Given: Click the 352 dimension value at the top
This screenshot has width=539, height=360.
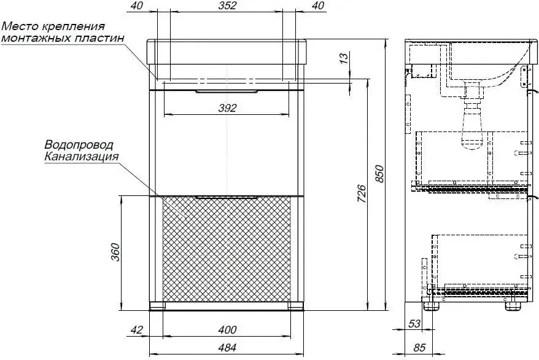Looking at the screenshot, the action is [x=227, y=6].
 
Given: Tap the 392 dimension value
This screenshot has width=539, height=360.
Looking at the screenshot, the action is [x=227, y=108].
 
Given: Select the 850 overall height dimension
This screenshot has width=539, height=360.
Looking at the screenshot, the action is [x=379, y=174].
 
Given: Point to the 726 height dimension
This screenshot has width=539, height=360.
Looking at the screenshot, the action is [x=362, y=194].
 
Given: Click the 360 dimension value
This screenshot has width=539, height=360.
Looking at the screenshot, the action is [x=115, y=252].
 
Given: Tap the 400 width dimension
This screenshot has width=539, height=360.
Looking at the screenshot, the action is [x=227, y=330].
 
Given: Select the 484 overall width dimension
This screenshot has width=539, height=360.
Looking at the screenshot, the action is [x=227, y=348].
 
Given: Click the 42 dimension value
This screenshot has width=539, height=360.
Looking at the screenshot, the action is [x=136, y=330].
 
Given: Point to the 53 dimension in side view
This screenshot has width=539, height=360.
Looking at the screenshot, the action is [x=414, y=323].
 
